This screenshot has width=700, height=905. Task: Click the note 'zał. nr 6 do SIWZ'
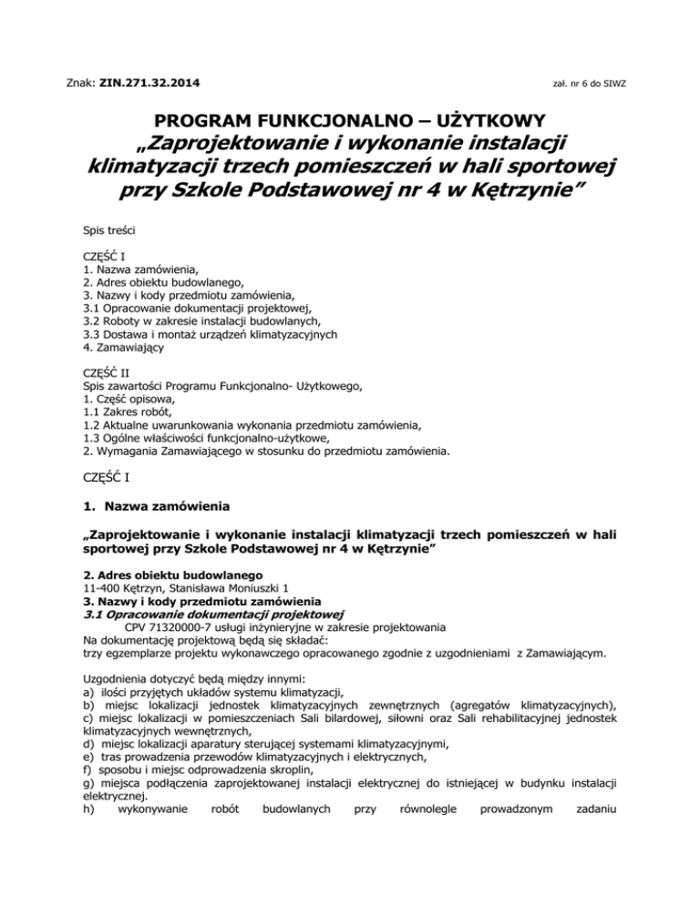(x=590, y=85)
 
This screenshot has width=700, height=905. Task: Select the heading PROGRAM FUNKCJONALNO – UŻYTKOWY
(x=350, y=119)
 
